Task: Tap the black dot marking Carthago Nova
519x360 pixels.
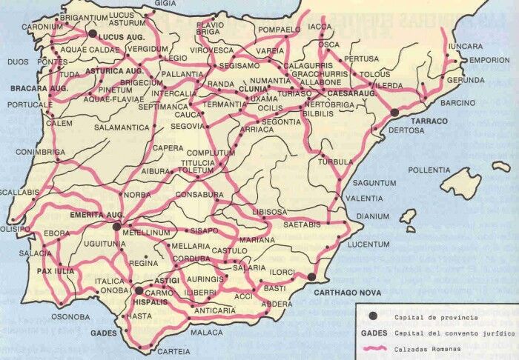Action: tap(312, 277)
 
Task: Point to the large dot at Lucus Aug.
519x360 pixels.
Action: tap(92, 33)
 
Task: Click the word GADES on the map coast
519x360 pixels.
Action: tap(104, 333)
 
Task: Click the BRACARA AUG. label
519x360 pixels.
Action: tap(39, 88)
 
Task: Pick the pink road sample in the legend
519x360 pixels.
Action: tap(374, 349)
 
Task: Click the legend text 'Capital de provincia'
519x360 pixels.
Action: tap(426, 318)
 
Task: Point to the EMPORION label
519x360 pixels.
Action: tap(490, 61)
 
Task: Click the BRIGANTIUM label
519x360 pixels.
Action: tap(84, 16)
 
